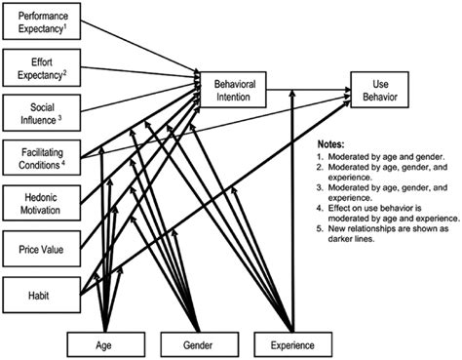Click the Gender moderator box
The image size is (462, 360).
(198, 342)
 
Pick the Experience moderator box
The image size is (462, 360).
(292, 342)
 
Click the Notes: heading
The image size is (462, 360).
(336, 142)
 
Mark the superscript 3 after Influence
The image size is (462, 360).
(59, 117)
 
